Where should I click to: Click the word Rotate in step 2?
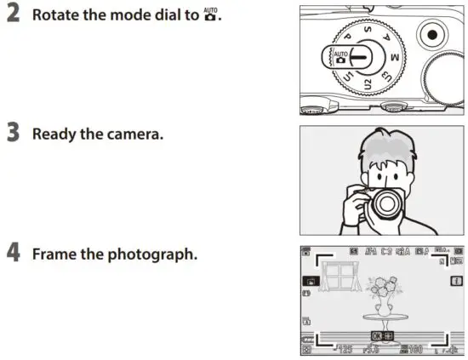click(57, 15)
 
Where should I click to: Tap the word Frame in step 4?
click(54, 254)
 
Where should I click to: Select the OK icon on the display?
click(377, 337)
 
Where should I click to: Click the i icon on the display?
click(457, 280)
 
